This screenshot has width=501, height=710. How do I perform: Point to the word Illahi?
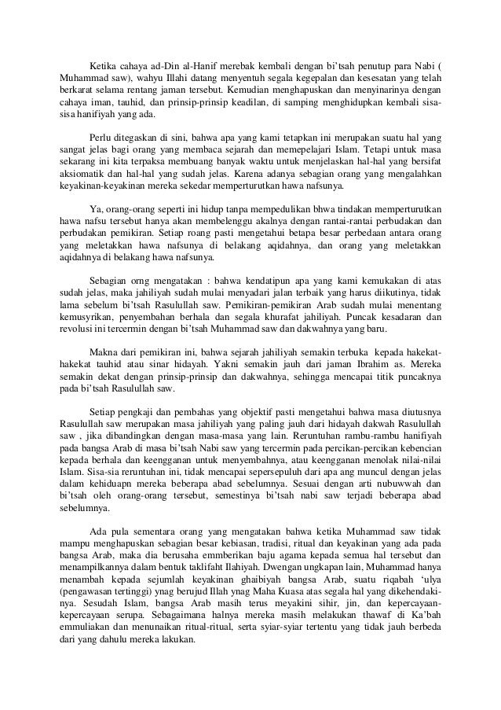coord(183,79)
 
